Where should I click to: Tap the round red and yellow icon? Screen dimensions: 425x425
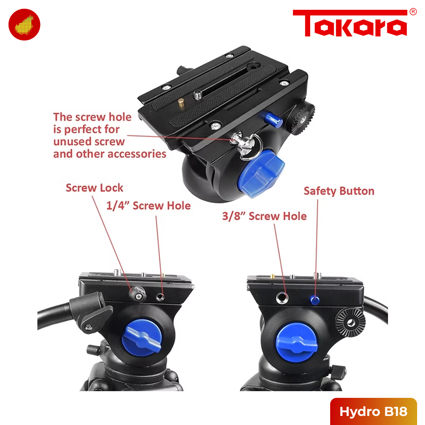point(24,24)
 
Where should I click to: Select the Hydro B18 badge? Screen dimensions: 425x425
point(373,412)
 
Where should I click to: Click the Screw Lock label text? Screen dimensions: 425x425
point(94,188)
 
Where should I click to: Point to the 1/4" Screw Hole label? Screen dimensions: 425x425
point(149,205)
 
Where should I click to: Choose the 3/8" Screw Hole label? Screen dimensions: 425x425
point(264,216)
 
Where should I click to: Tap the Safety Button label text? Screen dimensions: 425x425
point(339,191)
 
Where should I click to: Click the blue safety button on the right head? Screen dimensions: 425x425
point(314,299)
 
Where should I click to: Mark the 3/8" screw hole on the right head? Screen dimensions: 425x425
point(282,297)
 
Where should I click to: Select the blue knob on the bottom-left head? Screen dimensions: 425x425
point(141,340)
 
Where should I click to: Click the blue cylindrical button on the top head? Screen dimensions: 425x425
point(273,119)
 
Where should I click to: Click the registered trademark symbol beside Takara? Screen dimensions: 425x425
point(413,12)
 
